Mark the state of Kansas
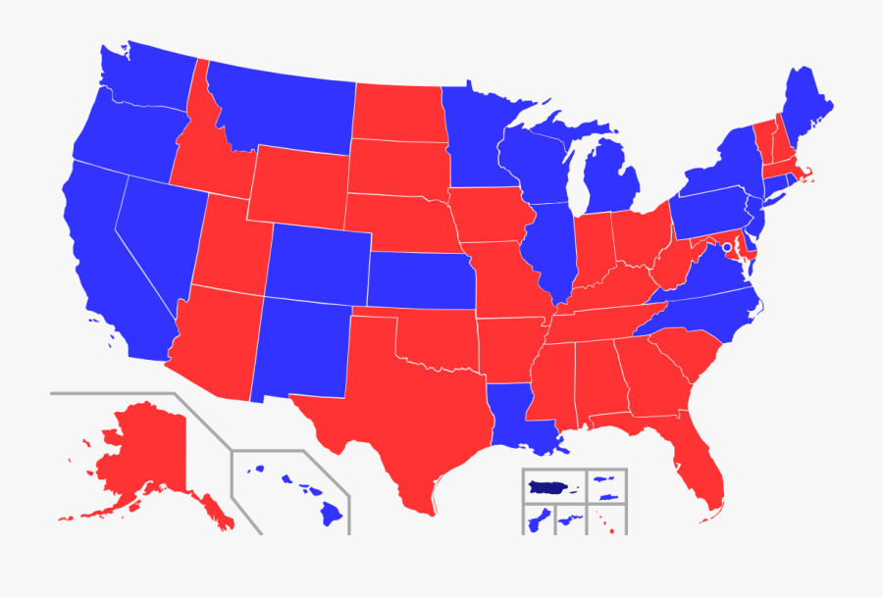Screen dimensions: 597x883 click(x=422, y=279)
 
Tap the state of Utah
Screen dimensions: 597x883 click(x=231, y=245)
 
